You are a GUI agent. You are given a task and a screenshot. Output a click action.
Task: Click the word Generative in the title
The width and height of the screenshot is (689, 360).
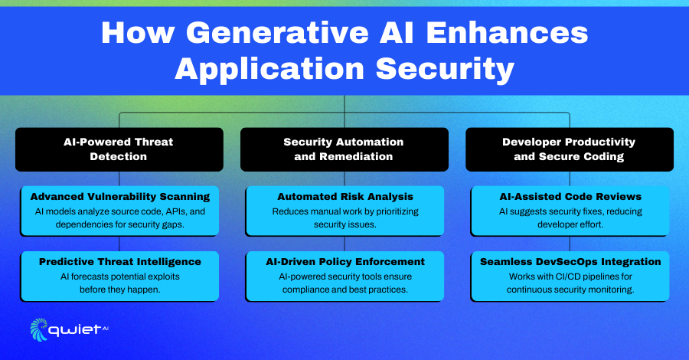coord(277,32)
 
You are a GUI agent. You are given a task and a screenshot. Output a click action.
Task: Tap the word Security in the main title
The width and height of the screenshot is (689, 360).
coord(445,69)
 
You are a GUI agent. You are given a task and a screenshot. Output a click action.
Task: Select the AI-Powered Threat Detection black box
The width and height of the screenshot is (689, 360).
coord(119,149)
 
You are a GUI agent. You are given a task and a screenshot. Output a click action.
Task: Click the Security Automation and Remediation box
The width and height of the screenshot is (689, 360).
coord(344,149)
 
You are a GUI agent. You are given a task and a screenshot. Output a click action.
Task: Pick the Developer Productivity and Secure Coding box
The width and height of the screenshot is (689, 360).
coord(570,149)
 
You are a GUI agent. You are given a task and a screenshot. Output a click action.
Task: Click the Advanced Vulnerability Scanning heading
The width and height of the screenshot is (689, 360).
coord(120,197)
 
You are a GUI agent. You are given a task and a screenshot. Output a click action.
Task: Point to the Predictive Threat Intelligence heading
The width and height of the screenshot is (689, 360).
coord(120,261)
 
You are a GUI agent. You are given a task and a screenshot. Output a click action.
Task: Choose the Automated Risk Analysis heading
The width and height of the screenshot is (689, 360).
coord(345,197)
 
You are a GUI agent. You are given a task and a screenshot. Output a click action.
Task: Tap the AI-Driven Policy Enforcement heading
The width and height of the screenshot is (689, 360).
coord(345,261)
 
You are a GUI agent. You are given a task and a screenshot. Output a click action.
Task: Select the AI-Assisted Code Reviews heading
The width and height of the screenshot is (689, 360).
coord(570,197)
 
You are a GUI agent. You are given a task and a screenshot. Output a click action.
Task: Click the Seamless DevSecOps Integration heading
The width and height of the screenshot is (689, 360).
coord(570,261)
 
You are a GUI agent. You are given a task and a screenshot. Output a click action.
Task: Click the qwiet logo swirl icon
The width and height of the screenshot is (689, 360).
coord(39,329)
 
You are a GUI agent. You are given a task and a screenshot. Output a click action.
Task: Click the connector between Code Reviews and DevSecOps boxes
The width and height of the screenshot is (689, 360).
coord(570,244)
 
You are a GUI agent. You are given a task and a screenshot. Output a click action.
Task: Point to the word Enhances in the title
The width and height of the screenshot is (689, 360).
coord(507,32)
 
